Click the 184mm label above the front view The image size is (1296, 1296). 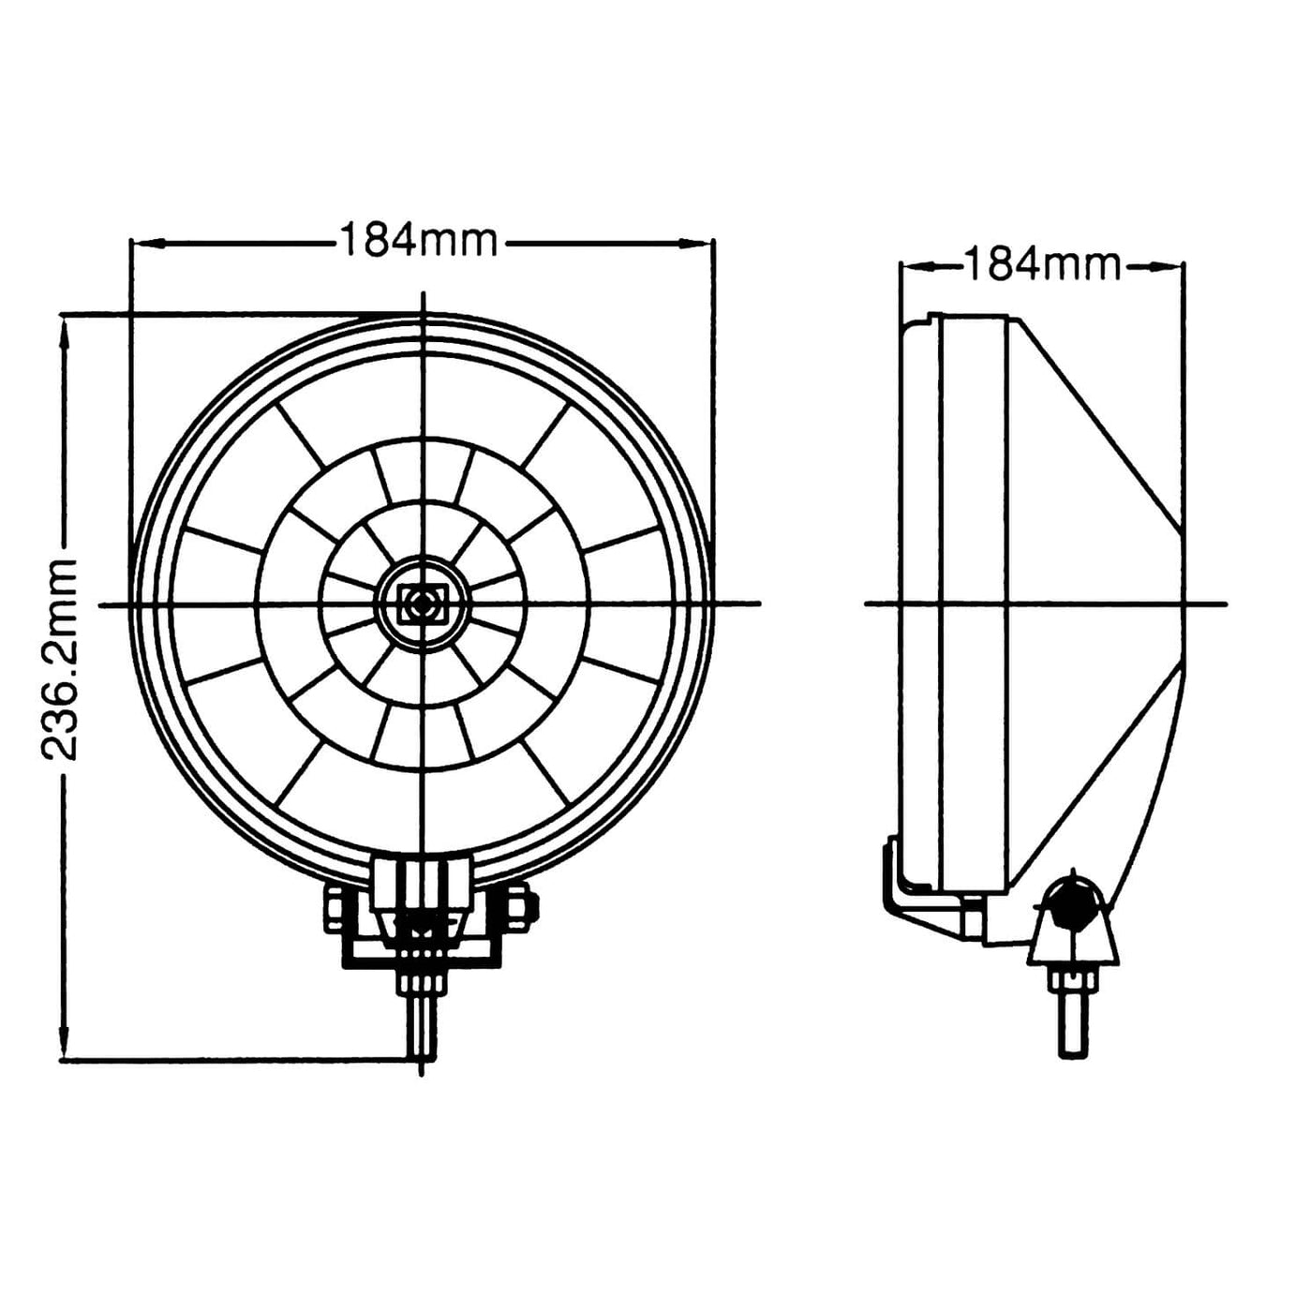coord(418,241)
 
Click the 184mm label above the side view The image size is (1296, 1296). coord(1042,265)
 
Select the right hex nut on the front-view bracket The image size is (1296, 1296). coord(521,905)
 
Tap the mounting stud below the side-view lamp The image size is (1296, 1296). coord(1073,1026)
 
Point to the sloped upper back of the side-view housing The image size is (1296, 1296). coord(1096,422)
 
